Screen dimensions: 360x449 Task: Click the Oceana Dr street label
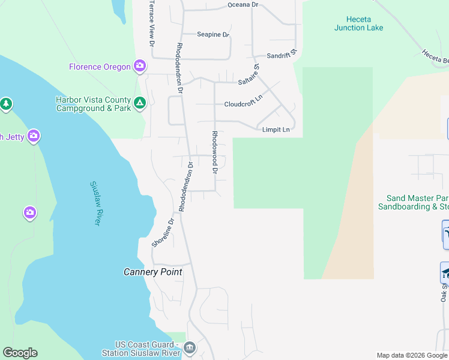coord(243,5)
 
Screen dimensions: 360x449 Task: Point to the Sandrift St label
coord(282,55)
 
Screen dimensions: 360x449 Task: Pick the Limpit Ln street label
coord(276,130)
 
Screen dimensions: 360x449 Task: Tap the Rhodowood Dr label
coord(214,152)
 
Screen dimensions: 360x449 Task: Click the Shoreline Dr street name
coord(162,232)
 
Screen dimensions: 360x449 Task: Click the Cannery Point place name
coord(152,272)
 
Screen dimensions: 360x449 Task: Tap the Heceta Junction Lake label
coord(358,23)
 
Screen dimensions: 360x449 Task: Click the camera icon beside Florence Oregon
coord(140,66)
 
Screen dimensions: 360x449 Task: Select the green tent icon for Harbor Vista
coord(139,104)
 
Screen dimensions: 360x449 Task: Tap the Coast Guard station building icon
coord(189,347)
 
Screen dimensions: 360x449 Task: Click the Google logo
coord(20,353)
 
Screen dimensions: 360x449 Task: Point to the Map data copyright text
coord(412,355)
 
